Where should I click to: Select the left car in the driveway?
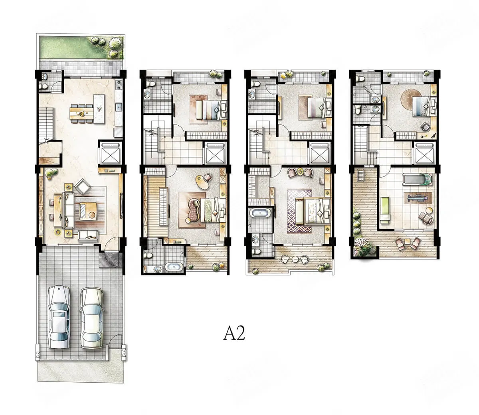pos(59,318)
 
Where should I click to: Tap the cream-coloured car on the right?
pos(91,318)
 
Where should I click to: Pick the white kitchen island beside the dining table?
pos(99,109)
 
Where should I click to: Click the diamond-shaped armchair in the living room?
pos(83,186)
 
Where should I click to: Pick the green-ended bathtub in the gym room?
pos(418,179)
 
